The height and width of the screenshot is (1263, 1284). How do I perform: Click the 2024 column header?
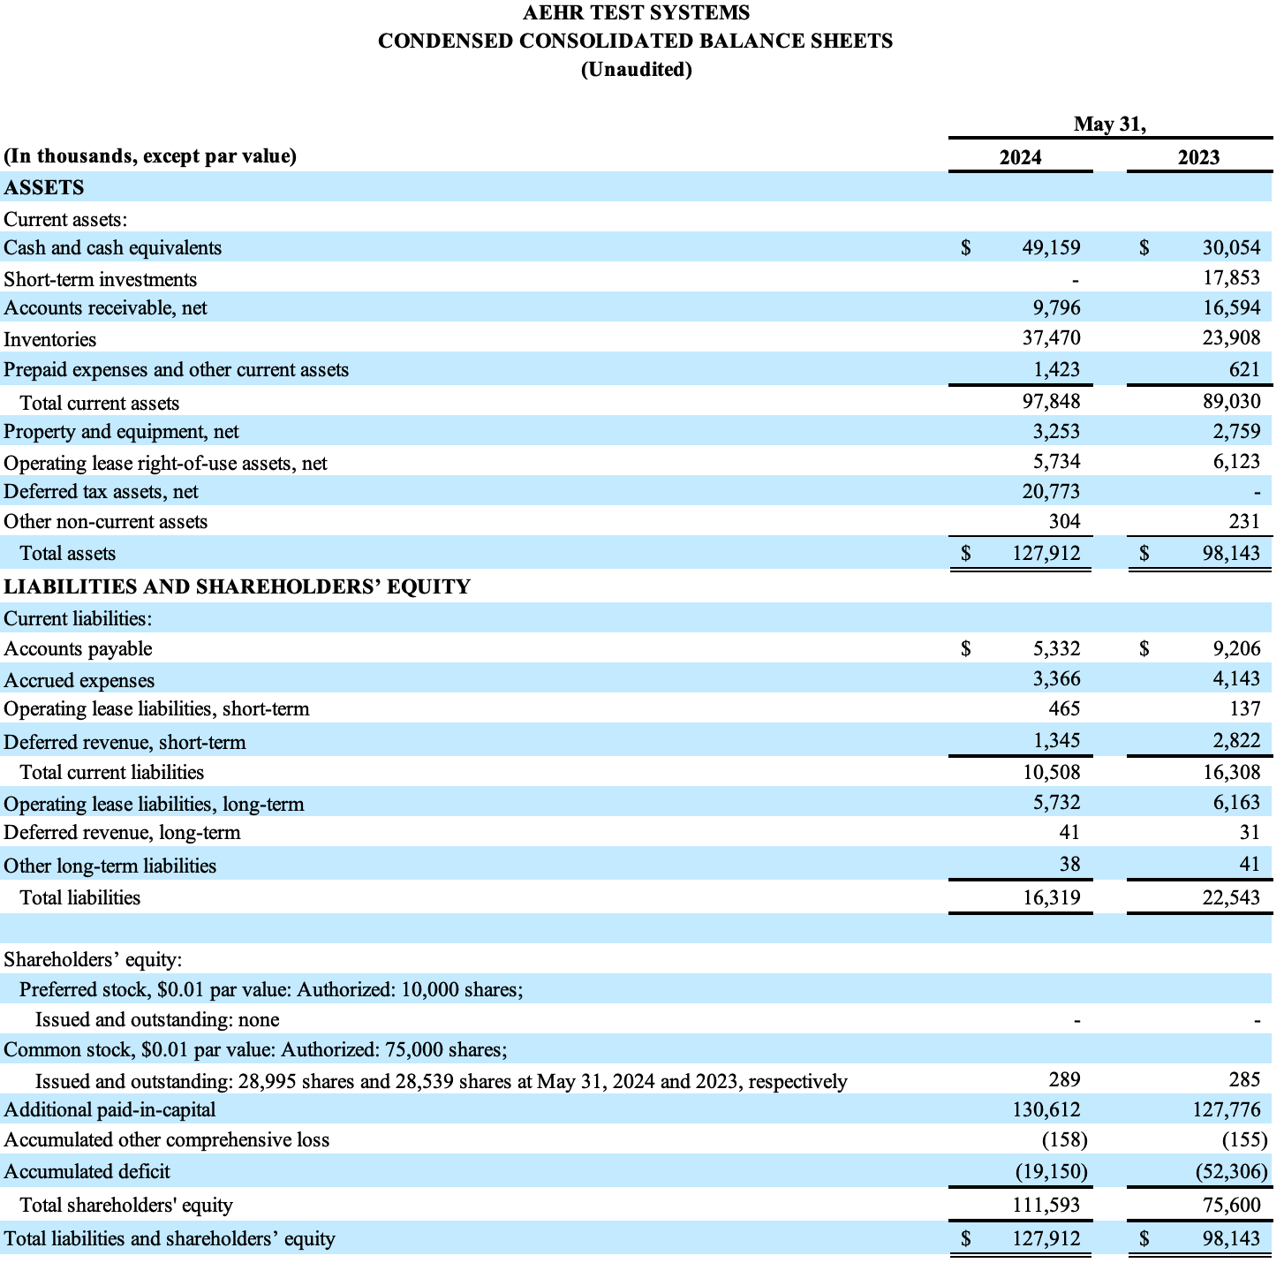[x=1020, y=157]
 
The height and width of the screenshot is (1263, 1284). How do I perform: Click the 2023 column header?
[x=1198, y=157]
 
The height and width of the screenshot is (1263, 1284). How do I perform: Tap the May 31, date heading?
[x=1109, y=125]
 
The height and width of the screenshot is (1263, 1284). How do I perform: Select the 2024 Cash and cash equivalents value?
[x=1051, y=248]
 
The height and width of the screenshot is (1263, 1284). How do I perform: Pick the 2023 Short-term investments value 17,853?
[x=1231, y=278]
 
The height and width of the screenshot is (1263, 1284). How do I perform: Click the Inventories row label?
[x=50, y=339]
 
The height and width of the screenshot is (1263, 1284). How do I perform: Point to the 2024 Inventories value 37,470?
[x=1051, y=338]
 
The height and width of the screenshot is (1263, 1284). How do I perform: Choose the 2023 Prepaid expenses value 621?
[x=1243, y=369]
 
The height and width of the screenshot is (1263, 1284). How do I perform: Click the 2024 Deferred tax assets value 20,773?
[x=1051, y=491]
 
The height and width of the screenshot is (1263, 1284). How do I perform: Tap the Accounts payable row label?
[x=78, y=649]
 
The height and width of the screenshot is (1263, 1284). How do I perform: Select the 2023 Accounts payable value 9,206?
[x=1236, y=649]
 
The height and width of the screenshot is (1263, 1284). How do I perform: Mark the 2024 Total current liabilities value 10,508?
[x=1051, y=773]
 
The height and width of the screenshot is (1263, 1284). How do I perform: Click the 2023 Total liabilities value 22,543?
[x=1231, y=898]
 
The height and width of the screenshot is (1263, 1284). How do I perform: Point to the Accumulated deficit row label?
[x=87, y=1172]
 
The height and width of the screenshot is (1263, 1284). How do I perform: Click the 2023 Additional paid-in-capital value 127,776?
[x=1227, y=1110]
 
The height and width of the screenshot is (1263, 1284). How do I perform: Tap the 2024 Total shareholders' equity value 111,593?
[x=1046, y=1205]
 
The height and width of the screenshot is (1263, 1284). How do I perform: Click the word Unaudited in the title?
[x=636, y=69]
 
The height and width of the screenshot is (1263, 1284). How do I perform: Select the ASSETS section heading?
[x=44, y=187]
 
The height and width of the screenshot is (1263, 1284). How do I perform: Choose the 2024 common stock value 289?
[x=1064, y=1080]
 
